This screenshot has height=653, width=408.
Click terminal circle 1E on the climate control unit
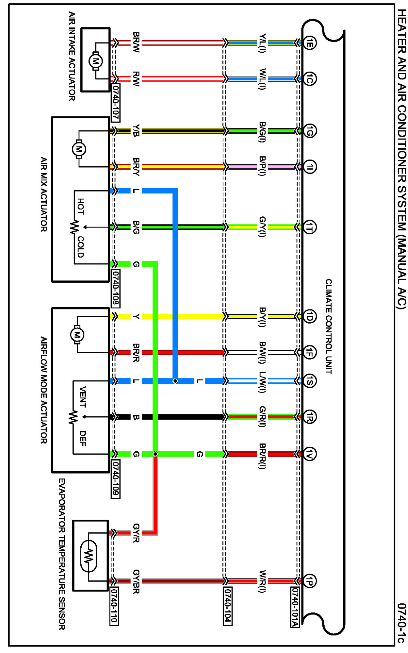pos(310,42)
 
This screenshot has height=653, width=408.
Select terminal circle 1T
pos(310,227)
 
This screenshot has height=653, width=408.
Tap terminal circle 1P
pos(310,581)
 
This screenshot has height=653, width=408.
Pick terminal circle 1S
pos(310,381)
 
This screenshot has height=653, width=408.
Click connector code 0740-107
pos(116,102)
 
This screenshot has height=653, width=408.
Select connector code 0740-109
pos(116,479)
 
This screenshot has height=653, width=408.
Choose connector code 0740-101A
pos(295,607)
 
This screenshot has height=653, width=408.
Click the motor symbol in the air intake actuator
pos(95,61)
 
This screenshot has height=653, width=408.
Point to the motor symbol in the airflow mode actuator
pos(77,335)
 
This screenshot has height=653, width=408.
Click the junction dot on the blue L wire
pos(175,381)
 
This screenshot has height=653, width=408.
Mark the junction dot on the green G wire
pos(155,454)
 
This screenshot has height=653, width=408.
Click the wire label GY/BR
pos(136,581)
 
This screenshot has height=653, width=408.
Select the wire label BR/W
pos(136,42)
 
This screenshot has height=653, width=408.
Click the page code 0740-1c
pos(401,623)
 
